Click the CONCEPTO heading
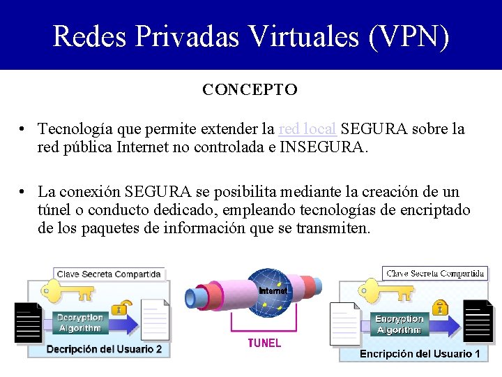tap(250, 90)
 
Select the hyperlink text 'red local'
tap(307, 129)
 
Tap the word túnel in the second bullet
tap(56, 210)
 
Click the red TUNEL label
tap(264, 343)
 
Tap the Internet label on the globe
tap(273, 290)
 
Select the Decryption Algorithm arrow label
tap(81, 323)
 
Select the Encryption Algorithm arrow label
tap(399, 324)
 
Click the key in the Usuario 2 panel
tap(67, 291)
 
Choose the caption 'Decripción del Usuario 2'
tap(104, 348)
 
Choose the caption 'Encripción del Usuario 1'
tap(420, 354)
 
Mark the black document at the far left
tap(29, 323)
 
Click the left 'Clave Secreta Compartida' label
tap(109, 274)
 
